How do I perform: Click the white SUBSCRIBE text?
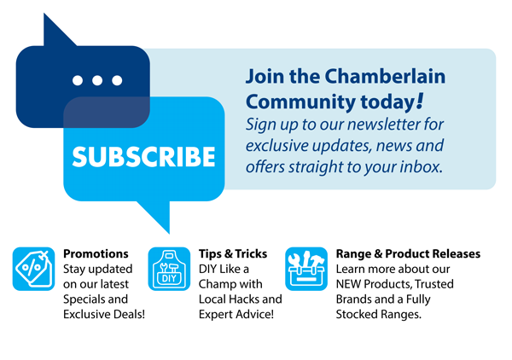(x=143, y=157)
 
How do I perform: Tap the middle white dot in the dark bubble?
(x=97, y=80)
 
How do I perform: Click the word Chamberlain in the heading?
(x=385, y=77)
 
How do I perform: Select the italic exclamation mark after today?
(x=420, y=101)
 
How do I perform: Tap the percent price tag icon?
(x=33, y=269)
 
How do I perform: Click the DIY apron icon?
(x=169, y=269)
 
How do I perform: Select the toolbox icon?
(x=306, y=269)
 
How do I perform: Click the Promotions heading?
(x=96, y=253)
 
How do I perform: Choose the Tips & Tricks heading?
(x=233, y=253)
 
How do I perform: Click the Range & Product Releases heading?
(x=408, y=253)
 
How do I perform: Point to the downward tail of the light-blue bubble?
(x=157, y=216)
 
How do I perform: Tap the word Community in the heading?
(x=300, y=102)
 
